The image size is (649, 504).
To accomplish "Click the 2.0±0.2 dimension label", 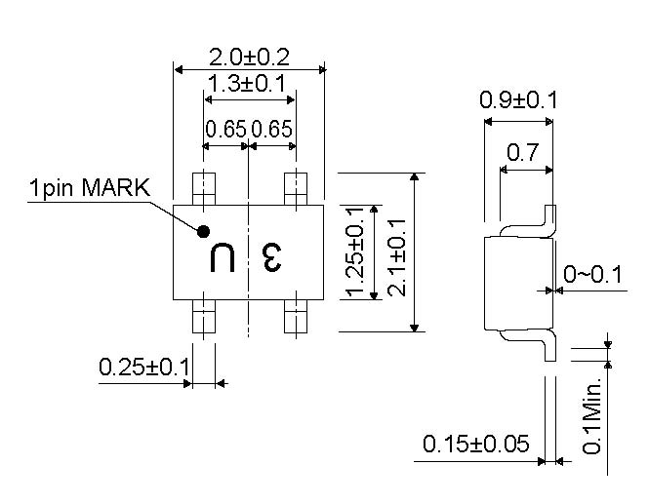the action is click(x=249, y=58).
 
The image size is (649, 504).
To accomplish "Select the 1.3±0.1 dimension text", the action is click(x=246, y=84).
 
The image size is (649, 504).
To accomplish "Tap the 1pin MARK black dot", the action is click(x=203, y=232).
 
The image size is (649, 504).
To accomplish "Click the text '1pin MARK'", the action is click(x=90, y=188).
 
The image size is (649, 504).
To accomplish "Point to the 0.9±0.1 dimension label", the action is click(x=518, y=100).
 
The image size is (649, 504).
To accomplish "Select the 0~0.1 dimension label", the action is click(x=592, y=274).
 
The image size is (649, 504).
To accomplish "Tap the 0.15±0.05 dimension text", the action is click(x=476, y=445).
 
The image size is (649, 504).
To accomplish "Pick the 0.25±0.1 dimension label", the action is click(x=144, y=367).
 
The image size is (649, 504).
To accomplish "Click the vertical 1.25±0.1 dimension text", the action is click(x=355, y=252).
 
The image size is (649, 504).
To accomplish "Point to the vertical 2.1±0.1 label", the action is click(x=397, y=257).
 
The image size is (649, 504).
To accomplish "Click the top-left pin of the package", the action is click(x=204, y=189).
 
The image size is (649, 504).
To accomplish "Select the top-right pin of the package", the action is click(x=296, y=189).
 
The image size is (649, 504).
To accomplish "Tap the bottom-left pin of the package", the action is click(x=204, y=316).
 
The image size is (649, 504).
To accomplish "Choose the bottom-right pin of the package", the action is click(x=296, y=316).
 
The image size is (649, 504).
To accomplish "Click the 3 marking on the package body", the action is click(x=272, y=257).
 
